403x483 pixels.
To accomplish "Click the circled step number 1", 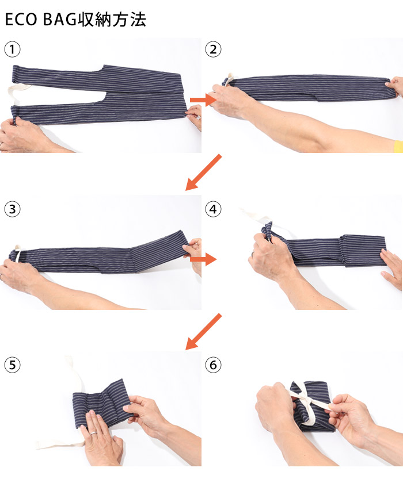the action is pos(12,49).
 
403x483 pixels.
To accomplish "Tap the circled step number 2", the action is pos(213,49).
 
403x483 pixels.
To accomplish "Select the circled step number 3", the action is pos(12,209).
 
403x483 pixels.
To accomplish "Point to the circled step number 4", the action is pos(213,209).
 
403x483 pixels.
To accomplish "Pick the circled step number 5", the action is pos(12,365).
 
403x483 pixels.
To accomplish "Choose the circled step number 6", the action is pos(213,365).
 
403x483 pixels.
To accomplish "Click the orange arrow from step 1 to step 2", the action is pos(203,100).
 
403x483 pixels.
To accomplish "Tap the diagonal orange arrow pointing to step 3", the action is pos(203,172).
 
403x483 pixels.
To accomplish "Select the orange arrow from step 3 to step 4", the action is pos(203,259).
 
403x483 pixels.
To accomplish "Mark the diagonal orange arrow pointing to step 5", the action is pos(203,331).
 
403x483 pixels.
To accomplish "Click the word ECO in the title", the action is pos(21,20).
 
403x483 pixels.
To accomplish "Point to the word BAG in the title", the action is pos(60,20).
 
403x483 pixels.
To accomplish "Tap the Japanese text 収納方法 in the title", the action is pos(112,20).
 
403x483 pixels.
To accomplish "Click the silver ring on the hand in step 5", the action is pos(93,433).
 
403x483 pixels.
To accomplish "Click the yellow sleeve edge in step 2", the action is pos(399,146).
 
